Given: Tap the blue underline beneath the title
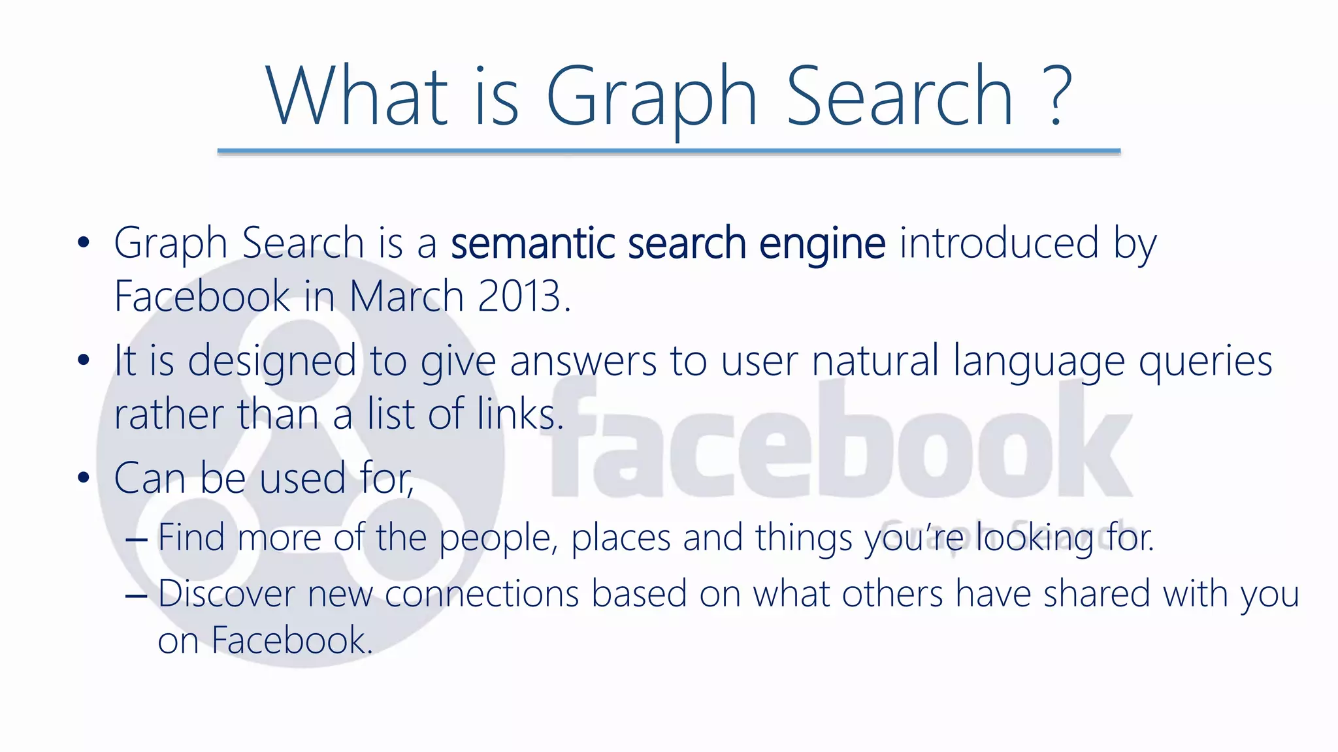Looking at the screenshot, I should pos(668,151).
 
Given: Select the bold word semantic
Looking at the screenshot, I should pos(532,243).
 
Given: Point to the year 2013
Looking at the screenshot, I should pos(519,296).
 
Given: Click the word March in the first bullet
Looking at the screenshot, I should pos(406,296).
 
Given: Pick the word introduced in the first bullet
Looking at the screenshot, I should pos(999,243).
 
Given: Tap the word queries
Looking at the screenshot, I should pos(1205,362).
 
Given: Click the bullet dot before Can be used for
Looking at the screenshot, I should pos(83,478).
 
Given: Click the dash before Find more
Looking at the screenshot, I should pos(136,540).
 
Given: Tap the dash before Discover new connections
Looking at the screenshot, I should pos(136,596).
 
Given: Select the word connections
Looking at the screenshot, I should pos(482,595).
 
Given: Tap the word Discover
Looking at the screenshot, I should pos(227,594).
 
